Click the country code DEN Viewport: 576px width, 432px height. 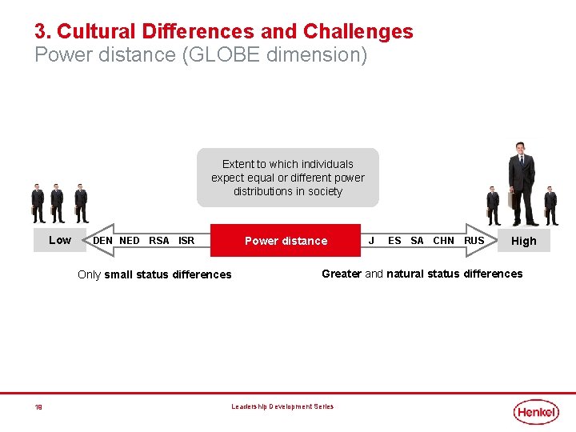click(103, 241)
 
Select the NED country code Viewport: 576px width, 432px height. click(130, 241)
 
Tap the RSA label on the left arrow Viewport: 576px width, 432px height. click(159, 241)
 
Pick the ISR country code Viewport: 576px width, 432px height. click(186, 241)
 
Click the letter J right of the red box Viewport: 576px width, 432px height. click(371, 241)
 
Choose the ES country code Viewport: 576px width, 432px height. click(394, 241)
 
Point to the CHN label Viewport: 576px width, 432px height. click(443, 241)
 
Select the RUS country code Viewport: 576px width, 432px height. click(474, 241)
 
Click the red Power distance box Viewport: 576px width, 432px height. click(286, 241)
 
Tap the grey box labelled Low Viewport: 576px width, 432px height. click(60, 240)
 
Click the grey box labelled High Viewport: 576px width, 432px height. click(524, 241)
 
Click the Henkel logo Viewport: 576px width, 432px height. click(536, 411)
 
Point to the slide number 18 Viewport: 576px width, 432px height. click(38, 407)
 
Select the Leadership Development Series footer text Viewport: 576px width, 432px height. click(282, 406)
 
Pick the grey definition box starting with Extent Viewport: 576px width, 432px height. click(288, 178)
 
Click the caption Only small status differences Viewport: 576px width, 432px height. click(154, 274)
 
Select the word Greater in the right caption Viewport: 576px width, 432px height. click(342, 274)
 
